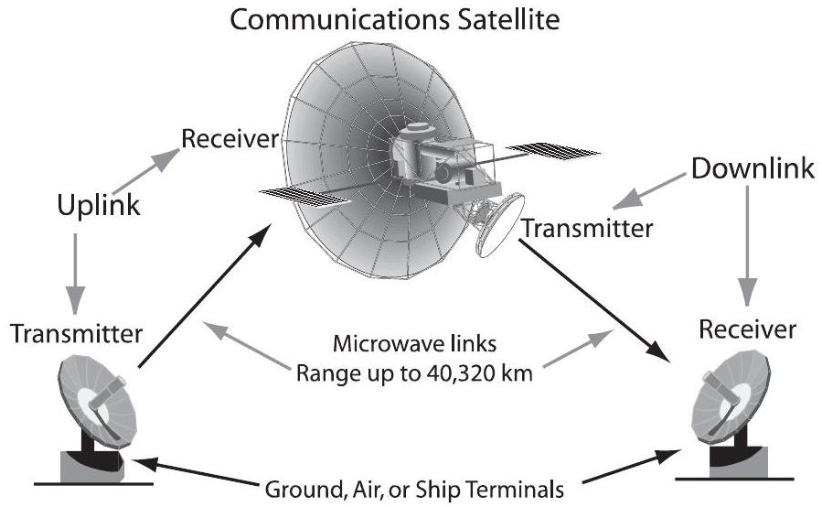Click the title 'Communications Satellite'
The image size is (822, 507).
coord(394,19)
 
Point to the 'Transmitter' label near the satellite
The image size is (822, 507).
coord(587,229)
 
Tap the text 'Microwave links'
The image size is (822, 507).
coord(409,349)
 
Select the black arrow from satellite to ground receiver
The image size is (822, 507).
coord(595,297)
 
